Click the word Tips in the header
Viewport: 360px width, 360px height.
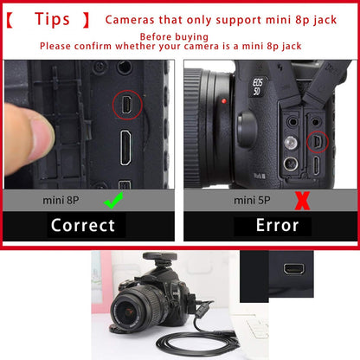click(61, 18)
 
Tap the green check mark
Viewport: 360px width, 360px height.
click(113, 201)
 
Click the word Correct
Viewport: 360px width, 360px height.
click(82, 226)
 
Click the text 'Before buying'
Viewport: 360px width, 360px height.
click(173, 37)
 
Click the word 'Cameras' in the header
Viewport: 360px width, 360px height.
click(134, 19)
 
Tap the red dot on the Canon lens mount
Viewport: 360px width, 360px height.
click(223, 101)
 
